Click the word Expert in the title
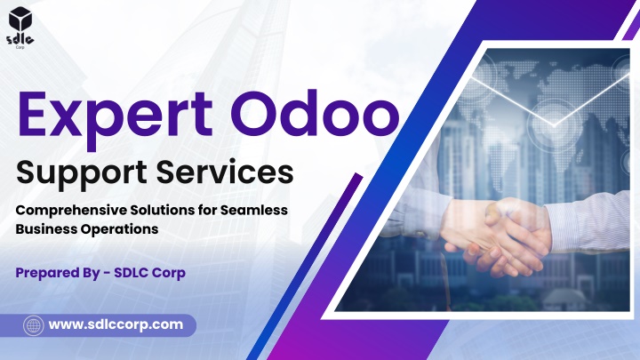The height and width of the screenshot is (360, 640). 115,116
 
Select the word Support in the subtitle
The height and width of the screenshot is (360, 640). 82,173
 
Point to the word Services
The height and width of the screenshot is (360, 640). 225,172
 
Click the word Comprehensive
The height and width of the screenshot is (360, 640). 71,211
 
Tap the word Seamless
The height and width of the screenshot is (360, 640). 254,210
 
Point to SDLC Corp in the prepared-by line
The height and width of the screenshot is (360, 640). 150,273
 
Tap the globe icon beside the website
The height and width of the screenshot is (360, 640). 34,325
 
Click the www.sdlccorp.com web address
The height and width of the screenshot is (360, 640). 116,325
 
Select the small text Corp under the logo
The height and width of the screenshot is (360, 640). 20,47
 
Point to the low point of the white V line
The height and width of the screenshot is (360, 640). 554,124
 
